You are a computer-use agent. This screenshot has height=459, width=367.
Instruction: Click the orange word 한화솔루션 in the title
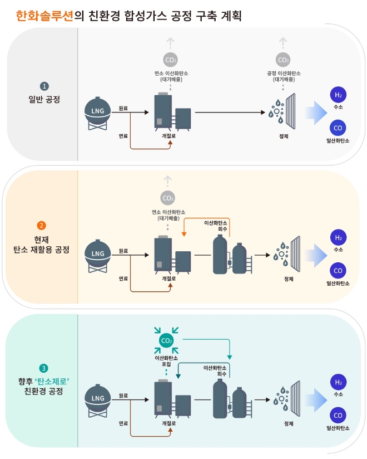(45, 14)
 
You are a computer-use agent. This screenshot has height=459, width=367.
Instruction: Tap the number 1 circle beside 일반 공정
(44, 86)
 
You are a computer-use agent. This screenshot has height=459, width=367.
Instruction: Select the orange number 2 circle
(41, 226)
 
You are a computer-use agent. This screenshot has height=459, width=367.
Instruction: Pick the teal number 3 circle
(44, 369)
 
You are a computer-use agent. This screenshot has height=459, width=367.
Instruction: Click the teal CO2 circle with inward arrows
(166, 340)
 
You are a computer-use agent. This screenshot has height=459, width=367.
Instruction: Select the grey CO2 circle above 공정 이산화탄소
(283, 60)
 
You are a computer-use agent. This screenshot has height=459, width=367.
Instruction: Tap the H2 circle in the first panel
(338, 94)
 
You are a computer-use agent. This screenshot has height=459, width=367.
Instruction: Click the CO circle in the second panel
(338, 271)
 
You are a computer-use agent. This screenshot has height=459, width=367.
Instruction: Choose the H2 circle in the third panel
(338, 382)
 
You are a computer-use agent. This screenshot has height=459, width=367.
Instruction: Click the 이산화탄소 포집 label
(166, 360)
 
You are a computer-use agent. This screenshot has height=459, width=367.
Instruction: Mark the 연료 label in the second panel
(123, 278)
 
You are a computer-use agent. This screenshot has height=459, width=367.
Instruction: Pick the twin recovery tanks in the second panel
(230, 255)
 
